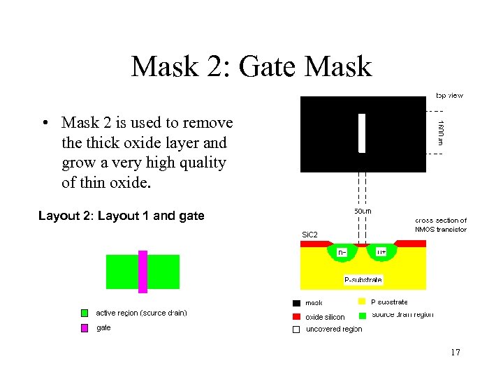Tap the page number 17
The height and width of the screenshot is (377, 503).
[x=455, y=353]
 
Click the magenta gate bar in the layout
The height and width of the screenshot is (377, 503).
[x=143, y=272]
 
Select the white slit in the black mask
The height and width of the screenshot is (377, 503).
[x=362, y=133]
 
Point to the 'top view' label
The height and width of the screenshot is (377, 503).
[x=449, y=95]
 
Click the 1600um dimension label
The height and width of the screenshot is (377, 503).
[x=441, y=132]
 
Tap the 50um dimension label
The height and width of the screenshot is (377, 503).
[x=363, y=210]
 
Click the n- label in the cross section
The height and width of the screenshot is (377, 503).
[x=342, y=252]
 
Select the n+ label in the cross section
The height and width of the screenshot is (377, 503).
[x=381, y=252]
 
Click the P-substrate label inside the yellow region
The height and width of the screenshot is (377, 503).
[x=363, y=280]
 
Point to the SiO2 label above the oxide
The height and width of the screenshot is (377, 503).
[x=309, y=235]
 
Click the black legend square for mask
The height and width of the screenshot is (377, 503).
[x=296, y=303]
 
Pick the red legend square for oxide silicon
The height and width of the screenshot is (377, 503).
[x=296, y=316]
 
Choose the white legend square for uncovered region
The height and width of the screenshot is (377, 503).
[x=296, y=329]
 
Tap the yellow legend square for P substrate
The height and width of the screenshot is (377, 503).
[x=362, y=302]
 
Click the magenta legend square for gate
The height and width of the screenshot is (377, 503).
[x=85, y=327]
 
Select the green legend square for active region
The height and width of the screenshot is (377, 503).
[x=85, y=313]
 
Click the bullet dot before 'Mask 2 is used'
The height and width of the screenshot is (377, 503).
[x=44, y=124]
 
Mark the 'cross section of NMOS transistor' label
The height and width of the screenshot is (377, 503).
[x=441, y=225]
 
